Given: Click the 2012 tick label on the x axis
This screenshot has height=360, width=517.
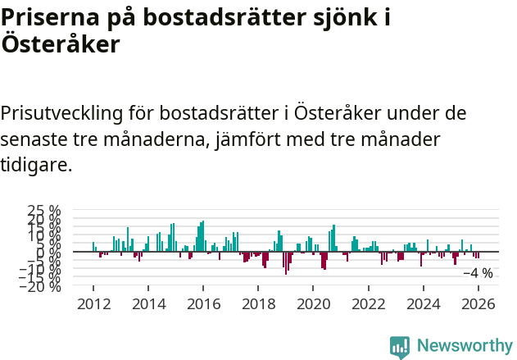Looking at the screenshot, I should coord(93,304).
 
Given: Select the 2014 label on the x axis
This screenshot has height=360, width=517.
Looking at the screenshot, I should coord(148,304).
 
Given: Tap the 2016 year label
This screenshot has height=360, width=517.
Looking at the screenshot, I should coord(203,304).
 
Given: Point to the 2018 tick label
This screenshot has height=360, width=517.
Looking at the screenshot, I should coord(258,304).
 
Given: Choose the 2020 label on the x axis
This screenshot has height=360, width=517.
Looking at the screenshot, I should coord(313,304).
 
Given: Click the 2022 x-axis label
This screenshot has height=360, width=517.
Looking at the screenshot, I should coord(369,304).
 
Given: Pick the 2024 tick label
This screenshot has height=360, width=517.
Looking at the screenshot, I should coord(424,304).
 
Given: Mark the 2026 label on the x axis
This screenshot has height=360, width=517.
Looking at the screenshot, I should coord(478,304).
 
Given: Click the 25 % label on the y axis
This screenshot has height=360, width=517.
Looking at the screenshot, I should coord(43,212).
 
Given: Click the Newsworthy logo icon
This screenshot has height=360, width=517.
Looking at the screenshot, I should coord(400,346).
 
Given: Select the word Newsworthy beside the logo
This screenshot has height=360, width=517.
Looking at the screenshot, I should coord(464,346).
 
